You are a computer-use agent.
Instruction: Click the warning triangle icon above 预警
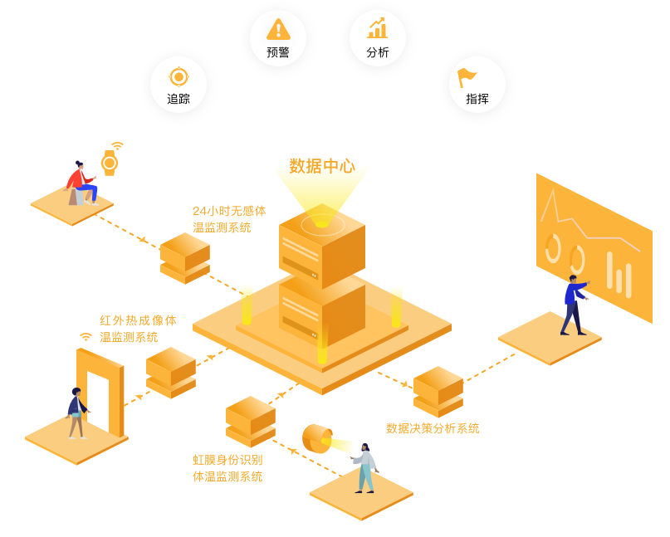278,30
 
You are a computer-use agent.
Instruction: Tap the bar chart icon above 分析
378,28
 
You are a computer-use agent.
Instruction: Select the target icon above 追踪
179,77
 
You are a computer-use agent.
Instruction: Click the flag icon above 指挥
467,77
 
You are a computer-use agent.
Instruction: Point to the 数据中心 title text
322,166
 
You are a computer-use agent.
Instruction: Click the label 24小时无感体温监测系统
229,219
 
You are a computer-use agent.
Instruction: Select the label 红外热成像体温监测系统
138,329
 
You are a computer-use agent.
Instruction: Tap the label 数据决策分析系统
433,428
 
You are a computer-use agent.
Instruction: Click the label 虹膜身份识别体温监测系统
227,468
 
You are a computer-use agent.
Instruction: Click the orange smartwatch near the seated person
110,163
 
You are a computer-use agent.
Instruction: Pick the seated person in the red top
81,183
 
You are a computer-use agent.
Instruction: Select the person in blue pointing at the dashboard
573,305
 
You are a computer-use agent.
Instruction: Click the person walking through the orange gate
76,413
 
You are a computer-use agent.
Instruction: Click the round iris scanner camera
316,438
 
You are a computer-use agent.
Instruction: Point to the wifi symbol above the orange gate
86,337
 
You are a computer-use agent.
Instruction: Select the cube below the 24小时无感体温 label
184,257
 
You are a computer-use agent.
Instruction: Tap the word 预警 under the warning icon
278,52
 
